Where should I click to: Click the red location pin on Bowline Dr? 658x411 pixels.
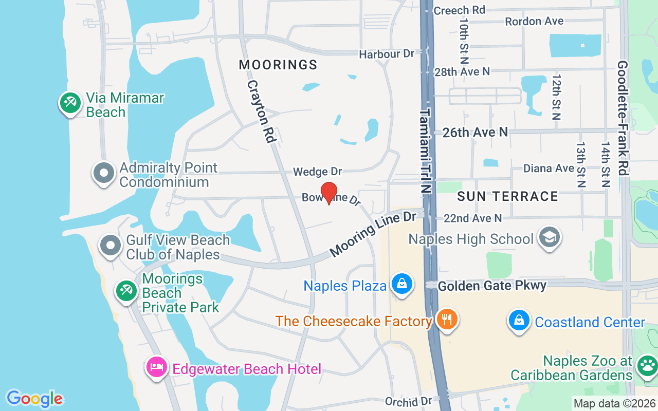coord(329,193)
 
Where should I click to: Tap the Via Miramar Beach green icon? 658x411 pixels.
coord(70,103)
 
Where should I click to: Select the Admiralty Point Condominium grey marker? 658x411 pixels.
coord(104,173)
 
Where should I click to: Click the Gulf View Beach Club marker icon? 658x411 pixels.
coord(111,246)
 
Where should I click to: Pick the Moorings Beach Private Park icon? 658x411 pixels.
coord(125,291)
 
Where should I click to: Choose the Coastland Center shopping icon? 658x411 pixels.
coord(519,321)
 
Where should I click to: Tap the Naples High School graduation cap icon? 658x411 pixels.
coord(549,237)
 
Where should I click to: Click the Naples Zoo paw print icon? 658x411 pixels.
coord(646,366)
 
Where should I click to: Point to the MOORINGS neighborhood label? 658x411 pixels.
coord(278,65)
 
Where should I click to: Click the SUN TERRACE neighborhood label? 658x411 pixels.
coord(507,196)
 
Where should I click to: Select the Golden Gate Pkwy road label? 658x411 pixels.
coord(492,286)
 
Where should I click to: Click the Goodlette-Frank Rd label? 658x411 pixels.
coord(623,118)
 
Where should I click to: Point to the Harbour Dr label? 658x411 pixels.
coord(387,54)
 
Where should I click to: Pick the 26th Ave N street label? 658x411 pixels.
coord(475,133)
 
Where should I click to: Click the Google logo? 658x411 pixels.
coord(35,399)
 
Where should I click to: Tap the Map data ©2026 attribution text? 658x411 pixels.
coord(615,404)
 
